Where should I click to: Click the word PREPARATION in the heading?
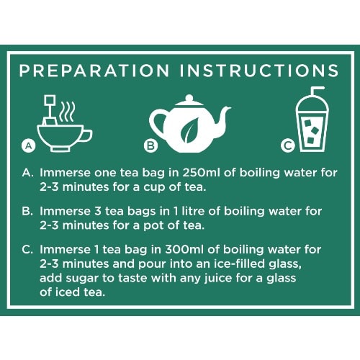click(x=94, y=71)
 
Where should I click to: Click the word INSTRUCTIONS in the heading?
click(x=258, y=71)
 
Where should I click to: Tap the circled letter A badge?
click(x=29, y=145)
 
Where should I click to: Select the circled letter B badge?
click(x=151, y=145)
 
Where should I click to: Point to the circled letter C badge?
click(x=288, y=145)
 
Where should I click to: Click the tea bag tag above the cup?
click(x=50, y=100)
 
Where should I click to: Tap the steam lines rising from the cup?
click(x=68, y=112)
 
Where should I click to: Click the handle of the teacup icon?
click(x=87, y=136)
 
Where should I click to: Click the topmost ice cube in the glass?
click(x=308, y=123)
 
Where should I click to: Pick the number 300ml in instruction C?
click(x=184, y=249)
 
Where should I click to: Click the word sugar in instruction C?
click(x=82, y=279)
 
